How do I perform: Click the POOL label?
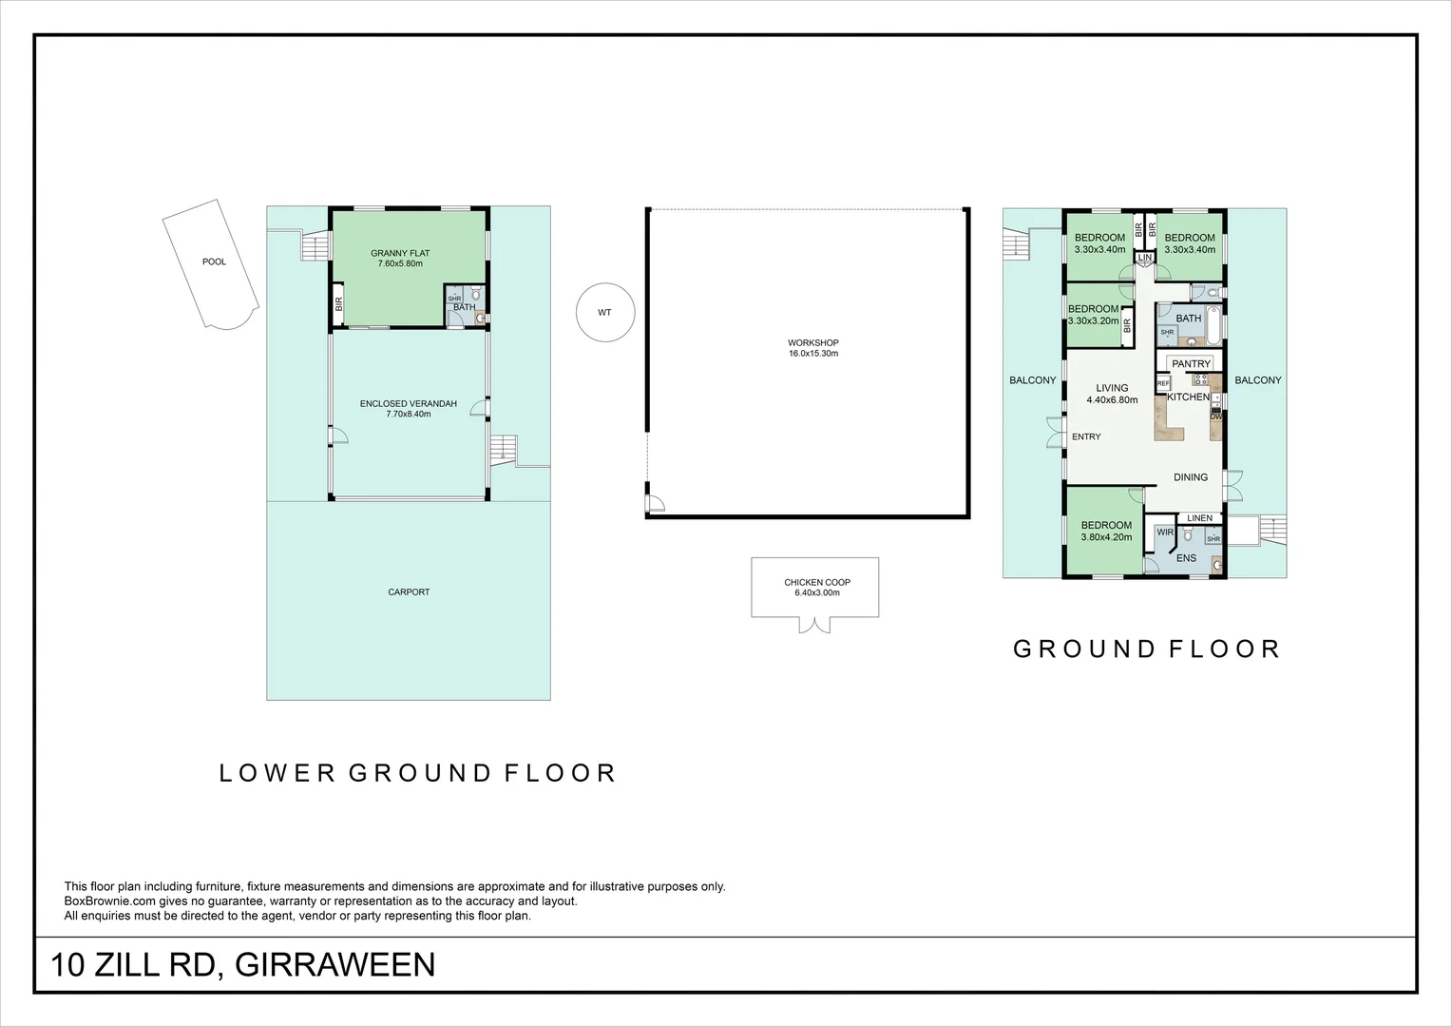click(x=214, y=262)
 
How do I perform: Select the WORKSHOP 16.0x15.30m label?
click(x=812, y=348)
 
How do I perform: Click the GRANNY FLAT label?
click(x=400, y=253)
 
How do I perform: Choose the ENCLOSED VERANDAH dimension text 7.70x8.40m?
click(x=409, y=414)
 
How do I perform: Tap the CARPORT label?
click(x=409, y=591)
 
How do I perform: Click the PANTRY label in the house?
click(x=1191, y=364)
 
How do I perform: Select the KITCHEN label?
click(x=1188, y=397)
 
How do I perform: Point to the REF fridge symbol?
click(x=1163, y=383)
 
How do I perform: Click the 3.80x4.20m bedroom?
click(x=1106, y=532)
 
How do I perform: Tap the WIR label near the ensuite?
click(x=1165, y=532)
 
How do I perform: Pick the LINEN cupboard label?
click(x=1199, y=517)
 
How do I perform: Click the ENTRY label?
click(x=1086, y=436)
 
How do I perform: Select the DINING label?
click(x=1190, y=476)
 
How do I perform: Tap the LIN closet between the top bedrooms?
click(x=1145, y=258)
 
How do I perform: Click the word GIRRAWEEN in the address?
click(x=334, y=964)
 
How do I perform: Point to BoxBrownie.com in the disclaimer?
click(x=110, y=901)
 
